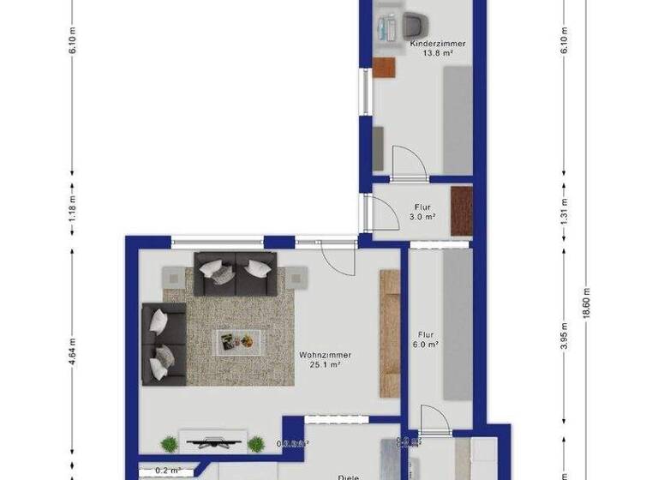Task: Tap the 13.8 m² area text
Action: click(x=437, y=53)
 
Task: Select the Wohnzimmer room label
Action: click(x=325, y=355)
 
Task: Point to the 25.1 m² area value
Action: click(x=325, y=365)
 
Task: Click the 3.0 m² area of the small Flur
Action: click(x=422, y=217)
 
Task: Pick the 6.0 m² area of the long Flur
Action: click(x=428, y=345)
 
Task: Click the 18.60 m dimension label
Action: click(x=585, y=299)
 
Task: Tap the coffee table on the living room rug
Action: click(x=235, y=341)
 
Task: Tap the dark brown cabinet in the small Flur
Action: click(x=462, y=210)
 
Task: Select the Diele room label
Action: click(x=348, y=477)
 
